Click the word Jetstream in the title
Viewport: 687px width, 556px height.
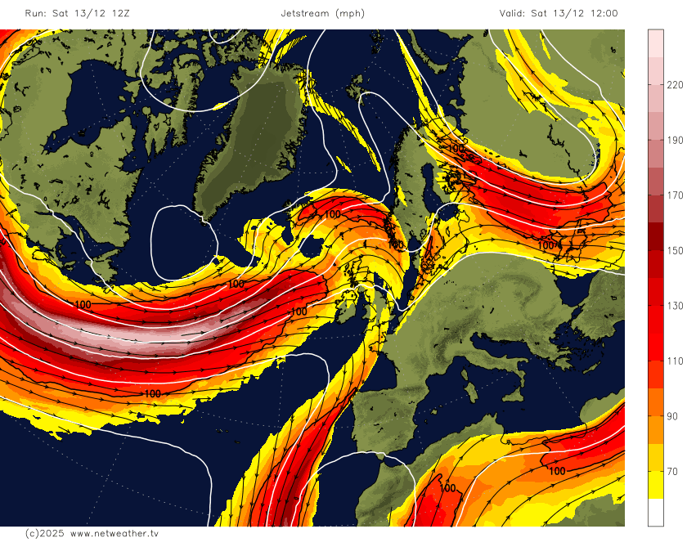306,13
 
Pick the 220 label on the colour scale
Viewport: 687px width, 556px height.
675,85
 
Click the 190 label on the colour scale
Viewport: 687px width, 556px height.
675,141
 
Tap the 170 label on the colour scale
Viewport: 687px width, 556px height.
675,195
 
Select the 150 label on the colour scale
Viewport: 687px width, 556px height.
675,250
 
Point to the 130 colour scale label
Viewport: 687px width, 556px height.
675,306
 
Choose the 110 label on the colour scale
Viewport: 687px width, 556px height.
675,361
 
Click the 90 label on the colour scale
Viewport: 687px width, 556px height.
672,416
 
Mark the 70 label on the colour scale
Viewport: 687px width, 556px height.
672,471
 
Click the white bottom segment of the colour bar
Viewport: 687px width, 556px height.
656,512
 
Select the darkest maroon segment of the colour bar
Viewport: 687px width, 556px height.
656,236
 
